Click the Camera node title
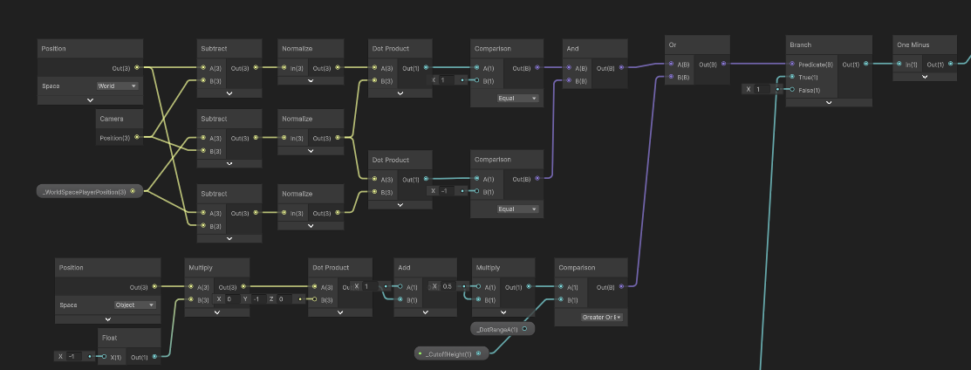(x=111, y=118)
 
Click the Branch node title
(x=803, y=44)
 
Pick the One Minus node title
(x=914, y=44)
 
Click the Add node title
(x=404, y=267)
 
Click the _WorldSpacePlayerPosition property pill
(x=85, y=191)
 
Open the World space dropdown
(x=117, y=86)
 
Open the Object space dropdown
(x=134, y=305)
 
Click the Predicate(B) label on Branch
(x=815, y=64)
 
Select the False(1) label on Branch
(x=810, y=90)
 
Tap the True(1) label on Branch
(x=808, y=77)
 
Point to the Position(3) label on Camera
(x=114, y=137)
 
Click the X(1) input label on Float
(x=114, y=356)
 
